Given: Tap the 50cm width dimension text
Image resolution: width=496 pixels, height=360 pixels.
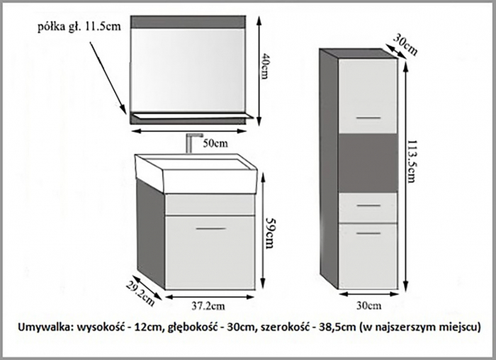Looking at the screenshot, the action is click(215, 144).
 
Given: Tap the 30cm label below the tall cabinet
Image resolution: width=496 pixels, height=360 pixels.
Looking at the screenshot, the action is click(368, 305).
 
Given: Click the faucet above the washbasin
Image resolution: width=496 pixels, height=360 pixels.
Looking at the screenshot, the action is click(189, 145).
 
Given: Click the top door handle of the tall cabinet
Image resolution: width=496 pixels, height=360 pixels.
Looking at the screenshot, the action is click(368, 116).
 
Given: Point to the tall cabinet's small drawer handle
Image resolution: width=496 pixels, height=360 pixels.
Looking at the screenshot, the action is click(368, 205).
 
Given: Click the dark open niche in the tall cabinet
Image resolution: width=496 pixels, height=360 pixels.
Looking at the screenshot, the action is click(367, 162).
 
